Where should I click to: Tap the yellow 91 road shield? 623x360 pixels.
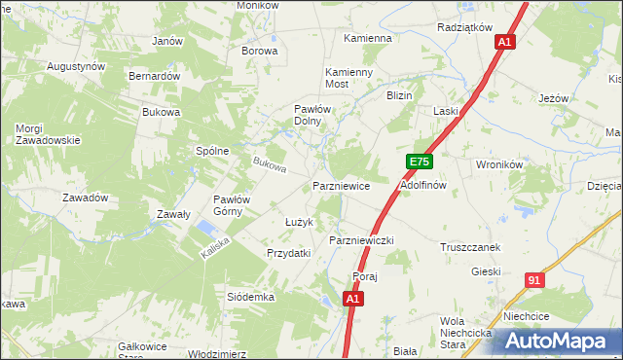click(532, 280)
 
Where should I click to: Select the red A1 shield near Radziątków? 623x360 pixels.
click(503, 42)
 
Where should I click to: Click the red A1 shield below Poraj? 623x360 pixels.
click(354, 300)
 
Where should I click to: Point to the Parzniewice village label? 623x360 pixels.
click(340, 185)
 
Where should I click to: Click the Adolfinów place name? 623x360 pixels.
click(422, 184)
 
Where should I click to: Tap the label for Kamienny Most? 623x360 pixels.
click(349, 79)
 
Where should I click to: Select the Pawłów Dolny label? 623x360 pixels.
click(315, 116)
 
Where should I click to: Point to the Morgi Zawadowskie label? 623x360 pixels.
click(47, 134)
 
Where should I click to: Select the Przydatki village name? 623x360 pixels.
click(288, 253)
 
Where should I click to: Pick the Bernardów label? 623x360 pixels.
click(155, 76)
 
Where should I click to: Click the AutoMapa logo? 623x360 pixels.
click(559, 342)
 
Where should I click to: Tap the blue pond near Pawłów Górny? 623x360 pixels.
click(206, 229)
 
